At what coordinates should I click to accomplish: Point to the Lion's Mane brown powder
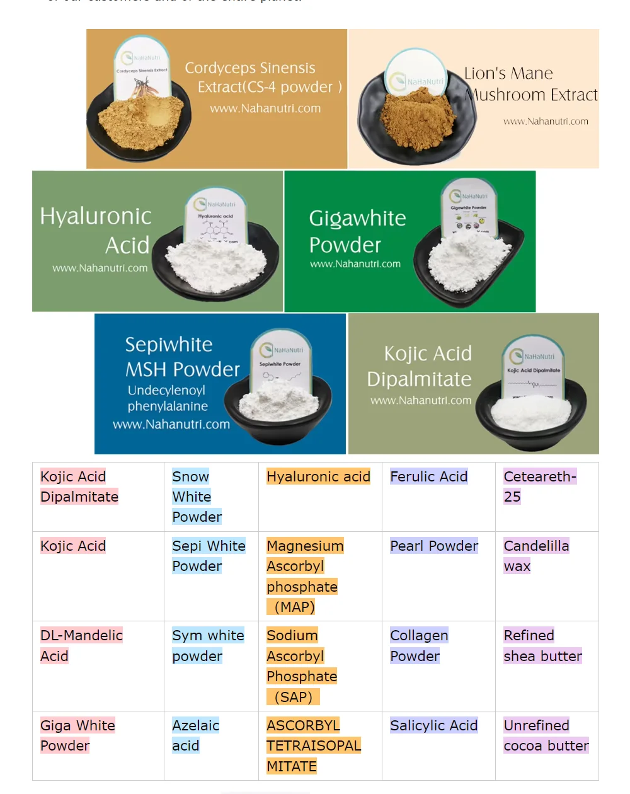pos(419,117)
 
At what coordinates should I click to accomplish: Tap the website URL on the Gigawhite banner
pos(355,264)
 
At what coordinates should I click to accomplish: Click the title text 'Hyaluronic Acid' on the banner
pos(96,230)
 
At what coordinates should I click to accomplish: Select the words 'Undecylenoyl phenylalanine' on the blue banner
pos(167,398)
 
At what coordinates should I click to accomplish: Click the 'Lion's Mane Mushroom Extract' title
pos(530,84)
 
